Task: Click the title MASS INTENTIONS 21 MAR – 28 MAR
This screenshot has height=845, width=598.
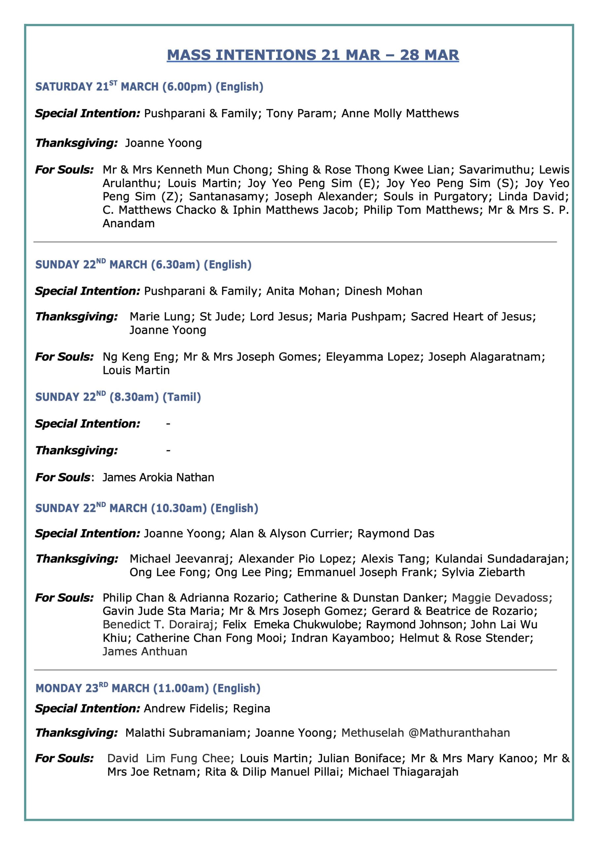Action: tap(313, 55)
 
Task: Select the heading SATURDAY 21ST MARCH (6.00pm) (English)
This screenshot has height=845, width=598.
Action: tap(149, 87)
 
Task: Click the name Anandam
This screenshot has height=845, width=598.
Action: tap(128, 223)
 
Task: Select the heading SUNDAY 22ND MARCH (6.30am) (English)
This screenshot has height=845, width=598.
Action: tap(143, 265)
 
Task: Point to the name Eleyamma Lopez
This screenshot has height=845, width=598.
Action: tap(372, 356)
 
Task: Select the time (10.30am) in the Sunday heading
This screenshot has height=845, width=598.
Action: tap(179, 508)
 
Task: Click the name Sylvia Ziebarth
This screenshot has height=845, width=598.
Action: tap(483, 572)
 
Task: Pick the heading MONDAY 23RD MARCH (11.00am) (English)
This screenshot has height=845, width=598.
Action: tap(148, 688)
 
